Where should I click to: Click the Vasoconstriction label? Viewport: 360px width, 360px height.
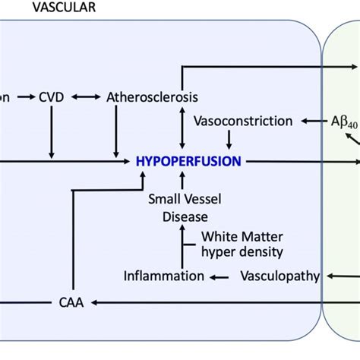tap(243, 121)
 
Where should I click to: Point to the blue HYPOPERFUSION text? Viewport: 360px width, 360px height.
tap(188, 161)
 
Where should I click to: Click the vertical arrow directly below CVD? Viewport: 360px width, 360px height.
tap(52, 133)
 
